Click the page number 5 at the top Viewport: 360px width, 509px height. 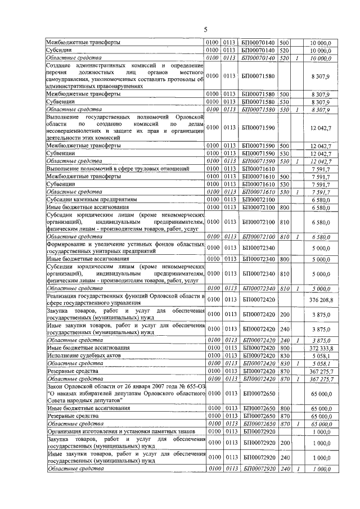pos(205,29)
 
